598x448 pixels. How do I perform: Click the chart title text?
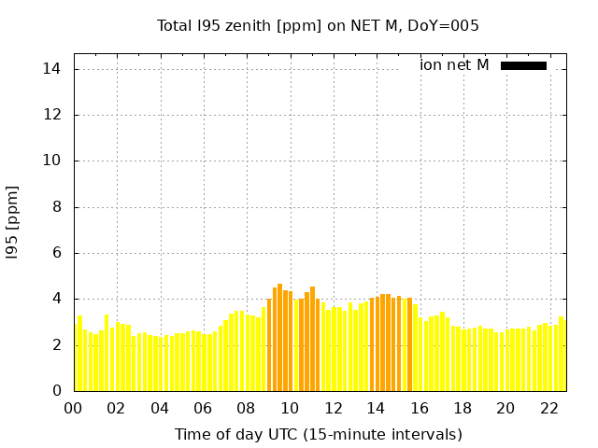pos(318,25)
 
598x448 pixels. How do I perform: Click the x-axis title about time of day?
pos(318,434)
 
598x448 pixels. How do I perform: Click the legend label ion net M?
pos(454,65)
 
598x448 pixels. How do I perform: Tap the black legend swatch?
pos(523,65)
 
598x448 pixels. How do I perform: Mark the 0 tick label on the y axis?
pos(56,391)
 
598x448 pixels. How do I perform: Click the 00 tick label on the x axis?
pos(74,408)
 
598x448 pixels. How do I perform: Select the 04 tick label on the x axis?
pos(160,408)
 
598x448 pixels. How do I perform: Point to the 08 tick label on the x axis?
pos(247,408)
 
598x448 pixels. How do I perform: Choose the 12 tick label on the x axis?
pos(333,408)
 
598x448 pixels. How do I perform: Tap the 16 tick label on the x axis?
pos(420,408)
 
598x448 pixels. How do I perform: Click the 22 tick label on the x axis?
pos(549,408)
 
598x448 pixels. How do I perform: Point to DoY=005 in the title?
pos(448,25)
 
